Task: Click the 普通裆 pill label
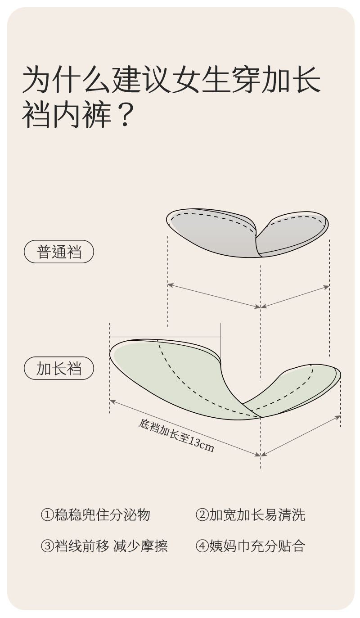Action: coord(59,252)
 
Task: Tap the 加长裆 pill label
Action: coord(59,369)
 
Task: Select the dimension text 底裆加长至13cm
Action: coord(176,435)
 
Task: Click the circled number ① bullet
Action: coord(47,514)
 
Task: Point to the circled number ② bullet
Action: coord(202,514)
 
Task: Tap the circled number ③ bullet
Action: coord(47,546)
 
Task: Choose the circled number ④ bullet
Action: coord(202,546)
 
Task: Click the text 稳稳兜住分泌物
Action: coord(102,514)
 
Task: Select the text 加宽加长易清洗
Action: coord(257,514)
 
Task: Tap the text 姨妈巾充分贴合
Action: coord(257,546)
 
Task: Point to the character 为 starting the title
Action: coord(36,80)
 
